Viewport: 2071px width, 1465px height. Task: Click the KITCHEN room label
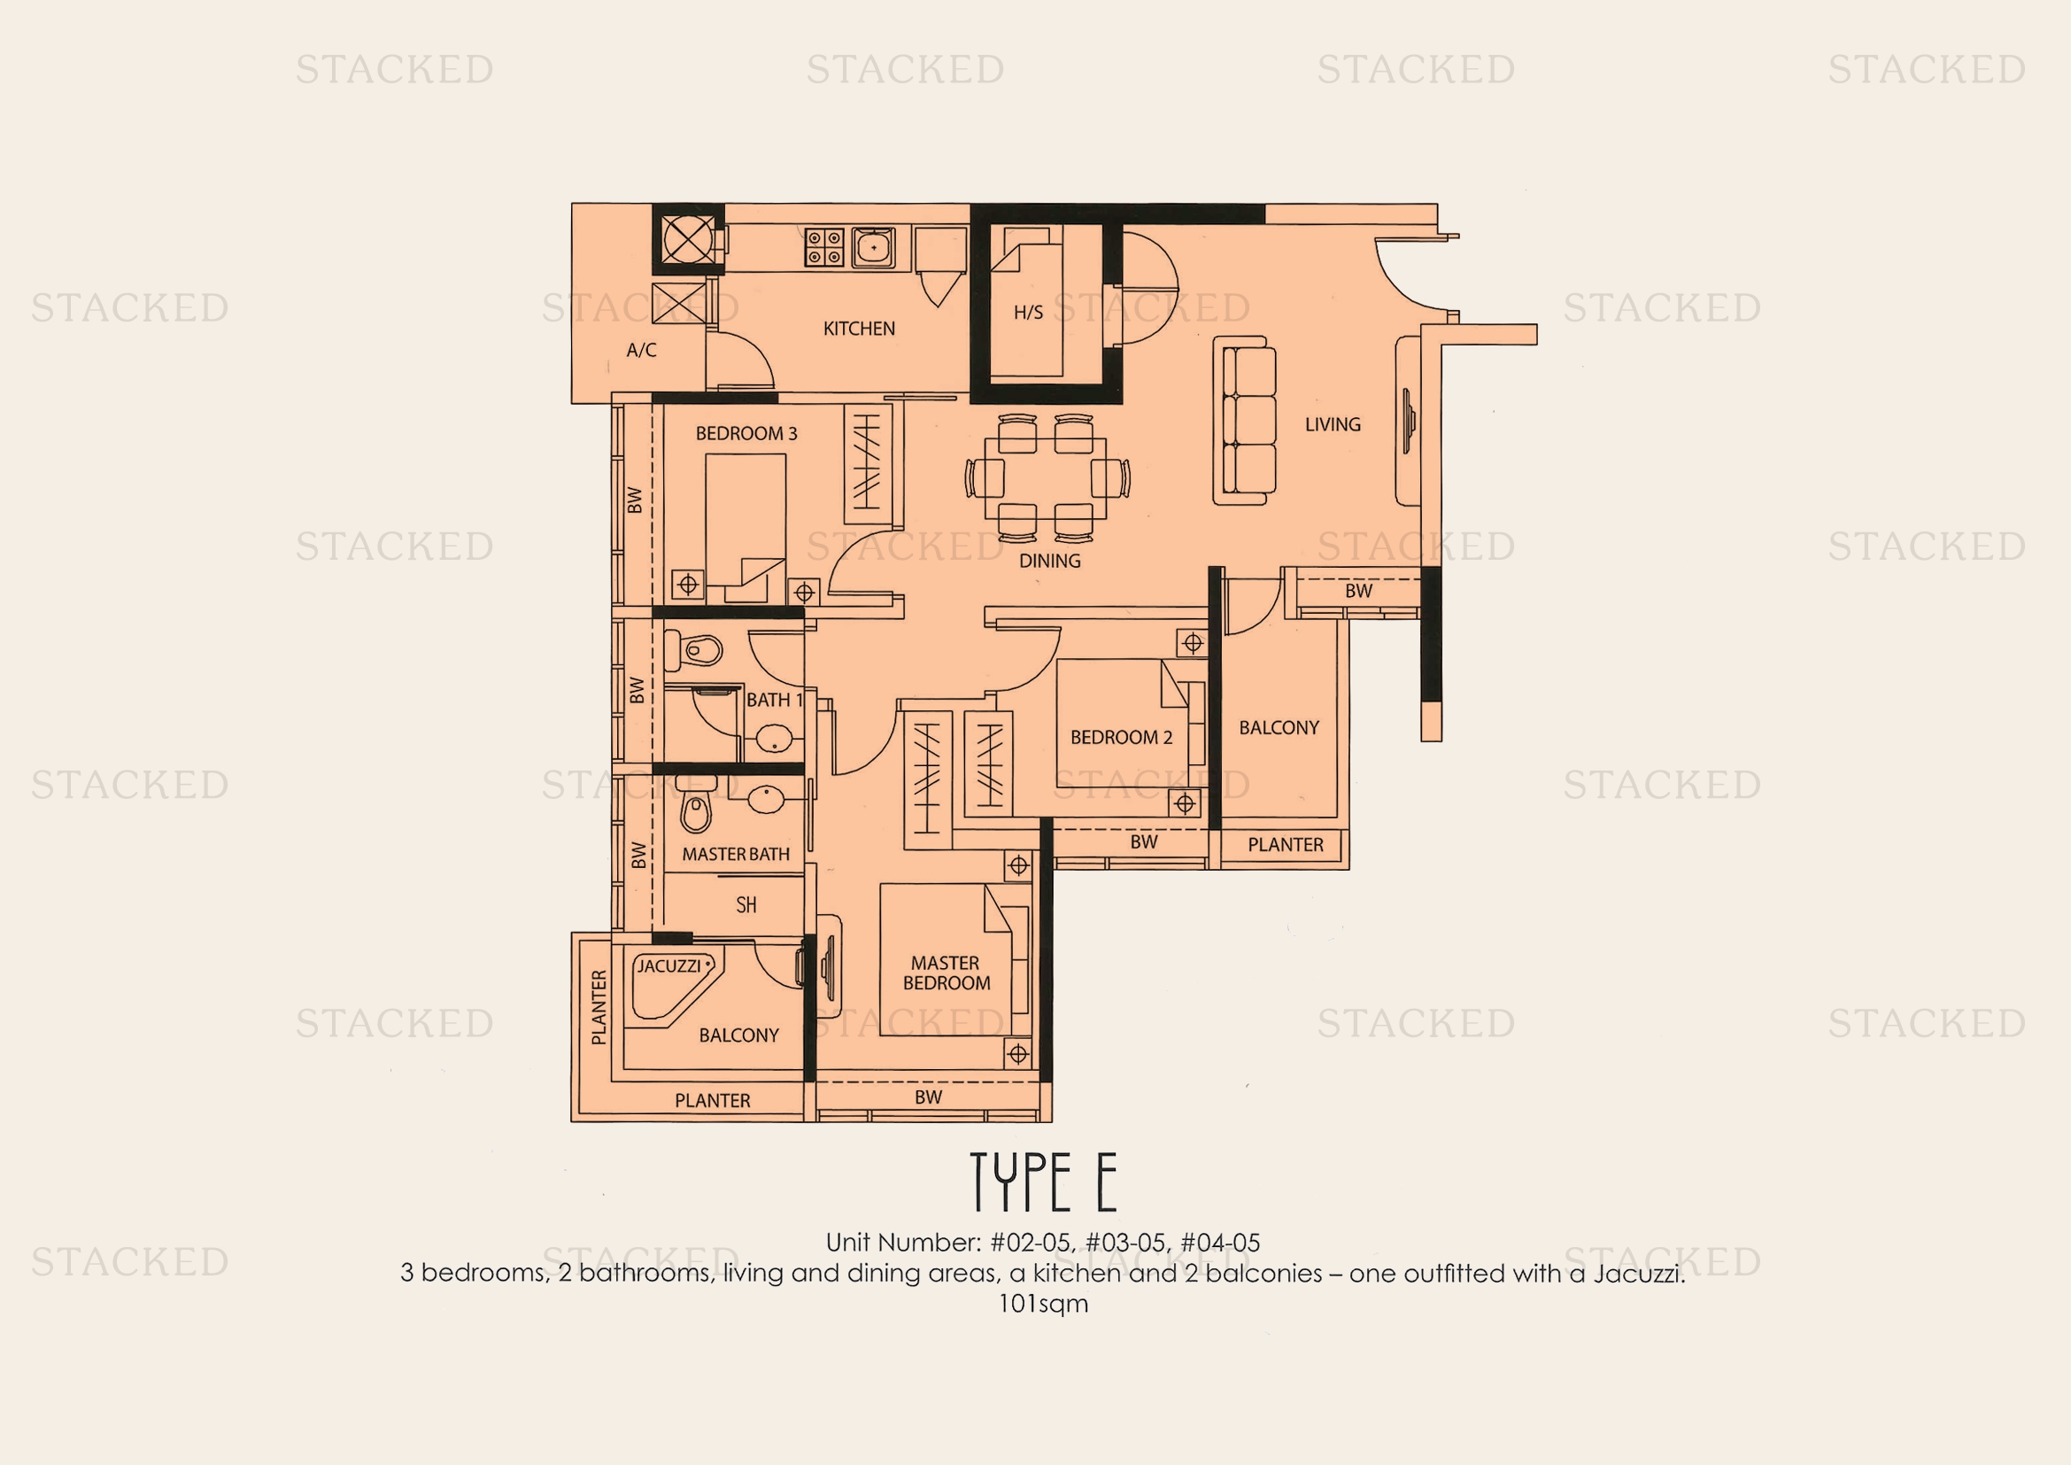pos(859,329)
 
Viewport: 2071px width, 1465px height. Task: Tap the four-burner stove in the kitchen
pos(823,247)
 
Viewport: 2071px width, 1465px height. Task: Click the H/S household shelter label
pos(1028,313)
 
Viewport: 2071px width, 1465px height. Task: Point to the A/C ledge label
pos(641,350)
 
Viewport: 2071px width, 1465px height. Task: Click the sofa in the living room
pos(1246,421)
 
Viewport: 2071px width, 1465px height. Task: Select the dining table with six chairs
pos(1047,477)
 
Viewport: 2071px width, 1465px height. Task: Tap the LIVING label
pos(1333,424)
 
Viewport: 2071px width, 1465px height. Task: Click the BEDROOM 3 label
pos(746,433)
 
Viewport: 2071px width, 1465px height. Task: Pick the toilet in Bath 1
pos(693,650)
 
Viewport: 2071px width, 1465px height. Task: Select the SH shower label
pos(746,905)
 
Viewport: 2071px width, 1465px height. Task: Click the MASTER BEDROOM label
pos(946,973)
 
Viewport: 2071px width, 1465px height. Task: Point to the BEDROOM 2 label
pos(1121,737)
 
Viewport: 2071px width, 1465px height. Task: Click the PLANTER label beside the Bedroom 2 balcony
pos(1286,845)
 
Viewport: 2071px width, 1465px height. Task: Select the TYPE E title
pos(1044,1182)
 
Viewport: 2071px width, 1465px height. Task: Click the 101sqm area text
pos(1043,1305)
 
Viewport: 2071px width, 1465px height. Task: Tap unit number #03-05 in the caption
pos(1125,1242)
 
